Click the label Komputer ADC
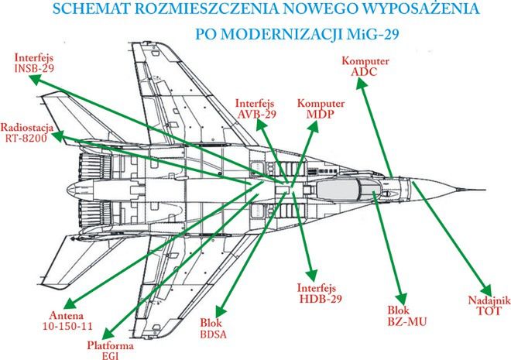(365, 65)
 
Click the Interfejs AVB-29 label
(256, 108)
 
